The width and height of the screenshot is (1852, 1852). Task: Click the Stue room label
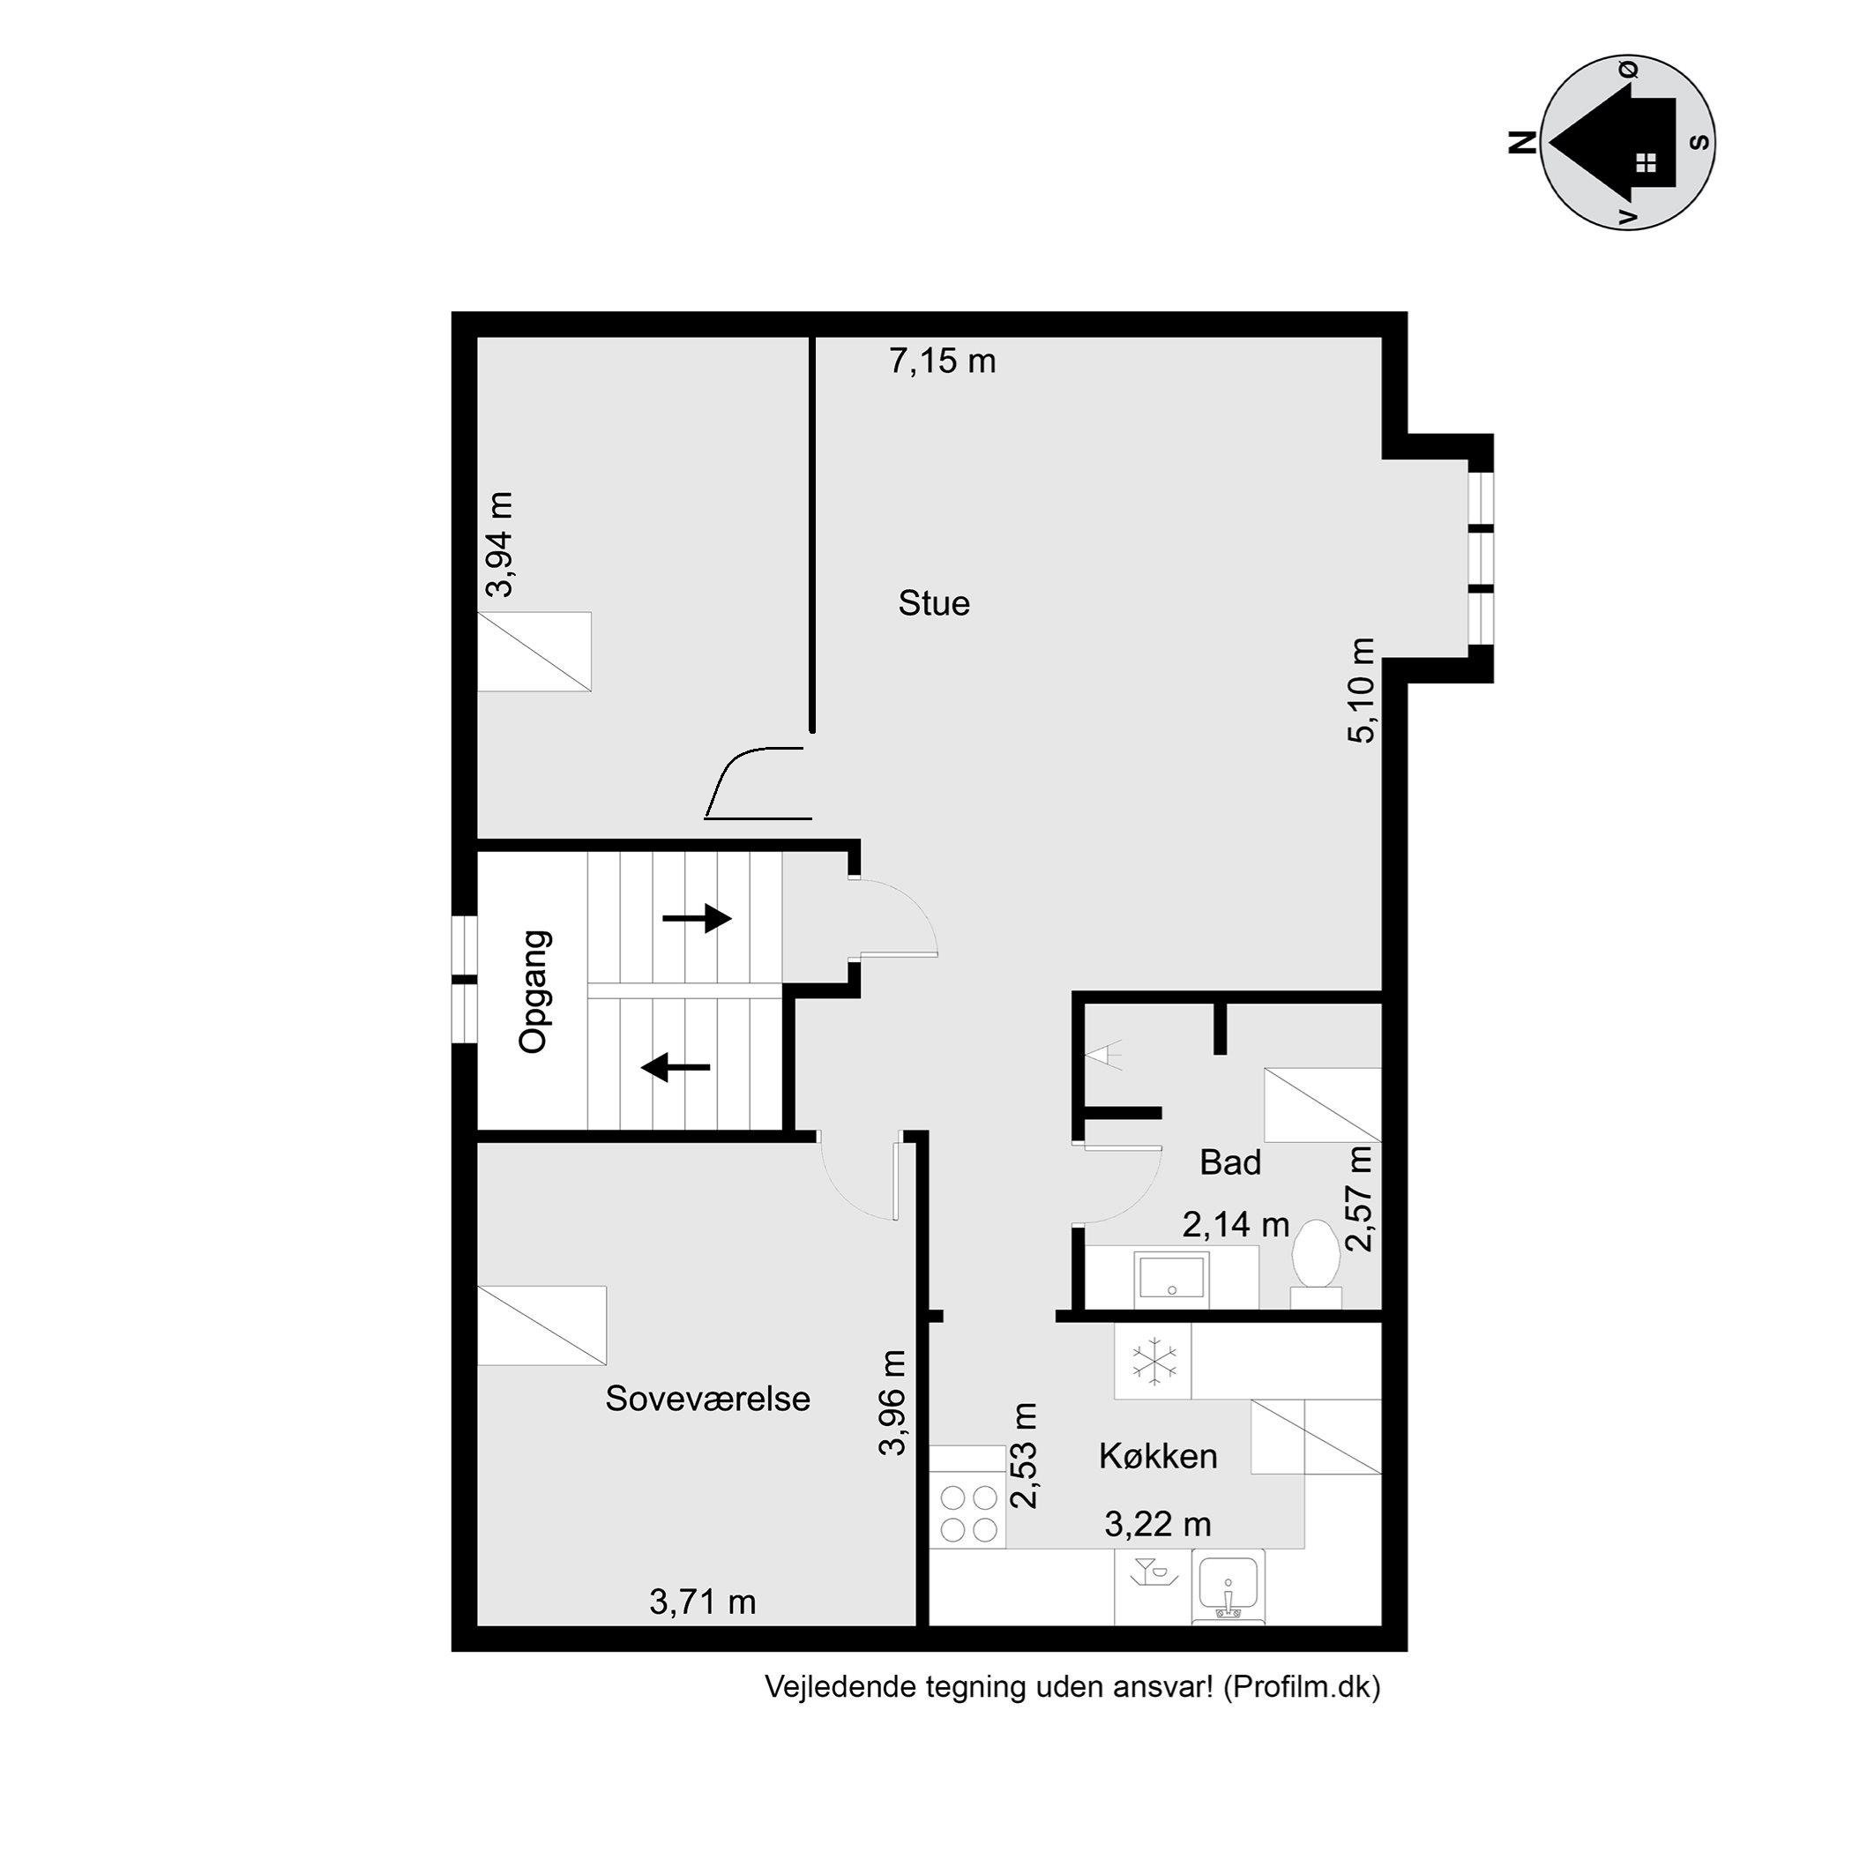934,604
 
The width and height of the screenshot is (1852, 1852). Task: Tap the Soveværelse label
707,1399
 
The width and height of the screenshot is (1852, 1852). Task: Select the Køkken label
1158,1456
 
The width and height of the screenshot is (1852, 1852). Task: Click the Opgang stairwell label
534,991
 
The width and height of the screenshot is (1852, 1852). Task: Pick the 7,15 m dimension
942,362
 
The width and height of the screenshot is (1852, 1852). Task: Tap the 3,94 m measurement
499,544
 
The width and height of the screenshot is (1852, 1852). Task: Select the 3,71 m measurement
703,1602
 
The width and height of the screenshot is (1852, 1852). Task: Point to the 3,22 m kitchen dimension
1158,1523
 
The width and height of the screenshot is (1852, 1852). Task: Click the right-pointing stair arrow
697,918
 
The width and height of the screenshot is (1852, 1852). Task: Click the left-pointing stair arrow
675,1066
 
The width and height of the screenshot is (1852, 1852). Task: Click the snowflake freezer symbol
1153,1361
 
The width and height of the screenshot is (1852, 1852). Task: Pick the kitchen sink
1228,1589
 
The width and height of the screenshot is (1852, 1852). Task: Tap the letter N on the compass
1522,143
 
